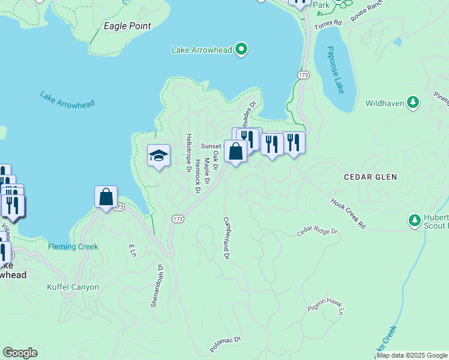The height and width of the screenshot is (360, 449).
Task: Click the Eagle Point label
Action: (x=127, y=26)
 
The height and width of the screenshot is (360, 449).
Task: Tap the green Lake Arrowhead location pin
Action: (x=241, y=49)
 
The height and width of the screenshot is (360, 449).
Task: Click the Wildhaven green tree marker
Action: (x=413, y=103)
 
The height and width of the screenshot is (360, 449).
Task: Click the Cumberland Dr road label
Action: (x=227, y=238)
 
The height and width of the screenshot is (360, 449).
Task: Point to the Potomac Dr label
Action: (x=225, y=344)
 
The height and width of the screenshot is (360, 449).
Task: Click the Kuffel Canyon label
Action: (x=73, y=287)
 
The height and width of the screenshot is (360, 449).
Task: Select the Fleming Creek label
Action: (x=73, y=247)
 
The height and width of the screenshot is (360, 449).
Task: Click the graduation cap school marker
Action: (x=159, y=156)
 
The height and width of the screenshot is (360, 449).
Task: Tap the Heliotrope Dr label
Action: (x=188, y=153)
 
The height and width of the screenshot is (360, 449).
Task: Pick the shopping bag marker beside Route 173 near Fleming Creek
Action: (x=106, y=197)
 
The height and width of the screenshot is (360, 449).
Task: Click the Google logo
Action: (x=20, y=353)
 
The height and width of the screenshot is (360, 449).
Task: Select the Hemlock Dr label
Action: (x=197, y=176)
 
